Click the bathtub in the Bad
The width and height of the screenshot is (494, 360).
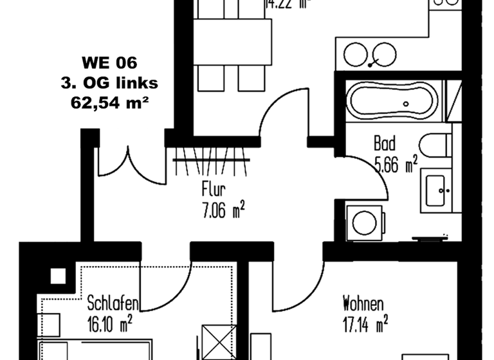392,101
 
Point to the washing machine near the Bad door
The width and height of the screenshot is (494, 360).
365,222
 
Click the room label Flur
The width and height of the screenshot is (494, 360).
214,190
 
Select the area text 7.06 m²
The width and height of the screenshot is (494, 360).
223,210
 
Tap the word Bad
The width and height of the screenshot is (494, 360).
384,143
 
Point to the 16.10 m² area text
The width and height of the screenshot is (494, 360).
110,322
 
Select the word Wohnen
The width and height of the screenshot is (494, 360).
363,303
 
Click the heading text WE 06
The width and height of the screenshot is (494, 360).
110,63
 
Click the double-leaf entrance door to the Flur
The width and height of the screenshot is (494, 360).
128,163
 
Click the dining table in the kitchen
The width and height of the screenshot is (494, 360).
232,42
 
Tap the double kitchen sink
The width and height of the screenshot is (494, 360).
370,55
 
